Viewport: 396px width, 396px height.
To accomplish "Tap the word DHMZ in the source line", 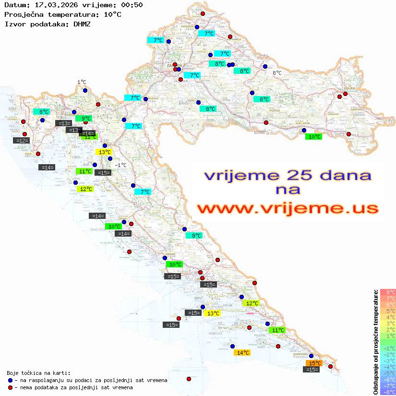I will [82, 24].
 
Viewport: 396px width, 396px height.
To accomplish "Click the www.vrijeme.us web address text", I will [288, 208].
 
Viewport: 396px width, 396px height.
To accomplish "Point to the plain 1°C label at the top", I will [82, 82].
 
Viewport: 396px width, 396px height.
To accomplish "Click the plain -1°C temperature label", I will [120, 165].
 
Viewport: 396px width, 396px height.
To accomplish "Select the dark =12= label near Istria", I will [22, 141].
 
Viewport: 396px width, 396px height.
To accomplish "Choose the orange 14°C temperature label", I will [242, 353].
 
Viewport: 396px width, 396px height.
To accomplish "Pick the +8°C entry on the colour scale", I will [388, 292].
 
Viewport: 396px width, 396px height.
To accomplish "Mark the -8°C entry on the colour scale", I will [388, 392].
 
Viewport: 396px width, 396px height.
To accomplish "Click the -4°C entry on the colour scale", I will [388, 367].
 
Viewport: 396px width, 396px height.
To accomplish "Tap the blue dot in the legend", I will [10, 380].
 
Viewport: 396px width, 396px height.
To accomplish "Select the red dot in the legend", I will [10, 387].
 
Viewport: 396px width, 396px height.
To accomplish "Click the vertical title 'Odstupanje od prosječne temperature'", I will [375, 342].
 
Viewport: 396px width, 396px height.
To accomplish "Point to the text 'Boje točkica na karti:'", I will [38, 373].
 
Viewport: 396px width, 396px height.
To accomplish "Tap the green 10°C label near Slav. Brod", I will [314, 137].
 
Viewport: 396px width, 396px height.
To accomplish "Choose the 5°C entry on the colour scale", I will [388, 311].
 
